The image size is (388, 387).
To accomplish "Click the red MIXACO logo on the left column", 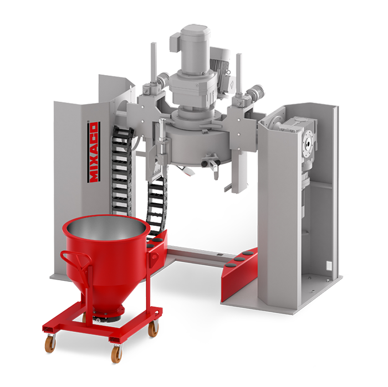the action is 94,152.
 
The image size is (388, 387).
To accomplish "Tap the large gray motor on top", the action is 195,49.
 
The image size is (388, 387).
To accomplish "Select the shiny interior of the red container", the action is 106,228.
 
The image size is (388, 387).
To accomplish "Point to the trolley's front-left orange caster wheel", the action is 50,343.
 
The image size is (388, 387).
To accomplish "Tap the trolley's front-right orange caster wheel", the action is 116,354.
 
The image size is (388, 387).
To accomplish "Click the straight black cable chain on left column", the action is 120,171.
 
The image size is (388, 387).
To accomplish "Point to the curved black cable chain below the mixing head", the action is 156,205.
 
